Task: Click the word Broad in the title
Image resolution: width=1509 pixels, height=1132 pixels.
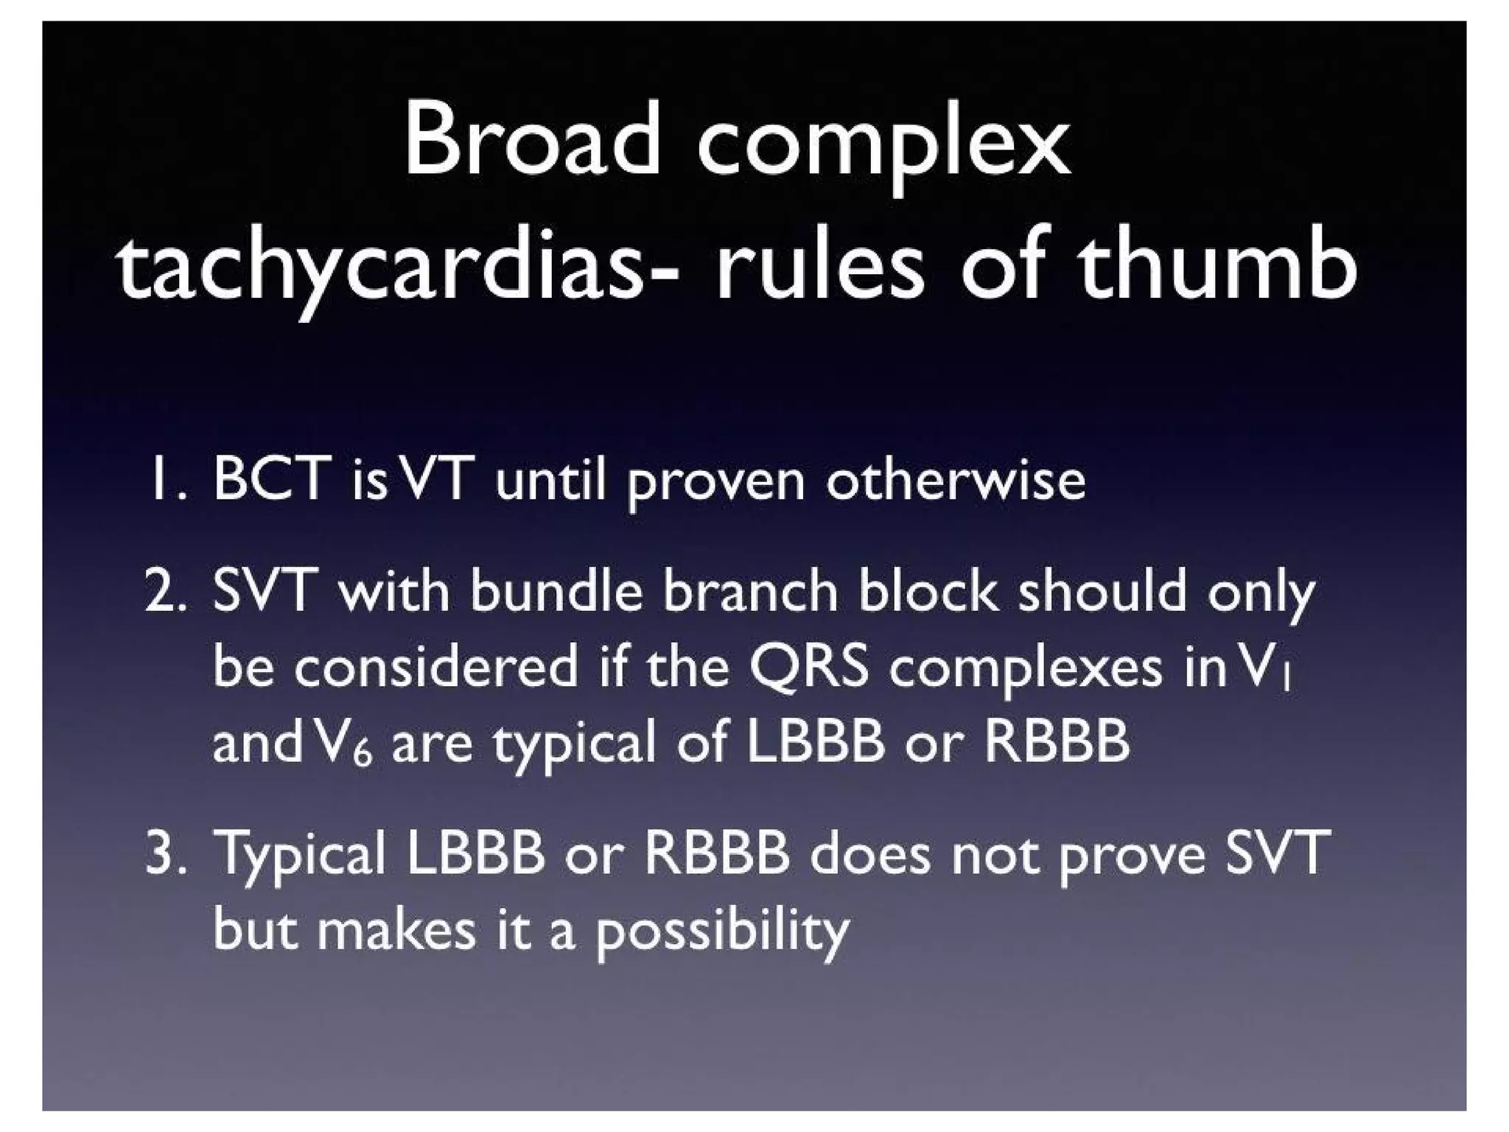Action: click(531, 140)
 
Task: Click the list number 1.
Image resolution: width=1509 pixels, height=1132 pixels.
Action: click(163, 479)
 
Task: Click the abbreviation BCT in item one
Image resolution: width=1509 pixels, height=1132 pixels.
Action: click(268, 479)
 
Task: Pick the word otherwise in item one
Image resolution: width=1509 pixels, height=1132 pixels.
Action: click(955, 479)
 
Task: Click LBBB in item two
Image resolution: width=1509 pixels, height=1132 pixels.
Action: click(815, 741)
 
